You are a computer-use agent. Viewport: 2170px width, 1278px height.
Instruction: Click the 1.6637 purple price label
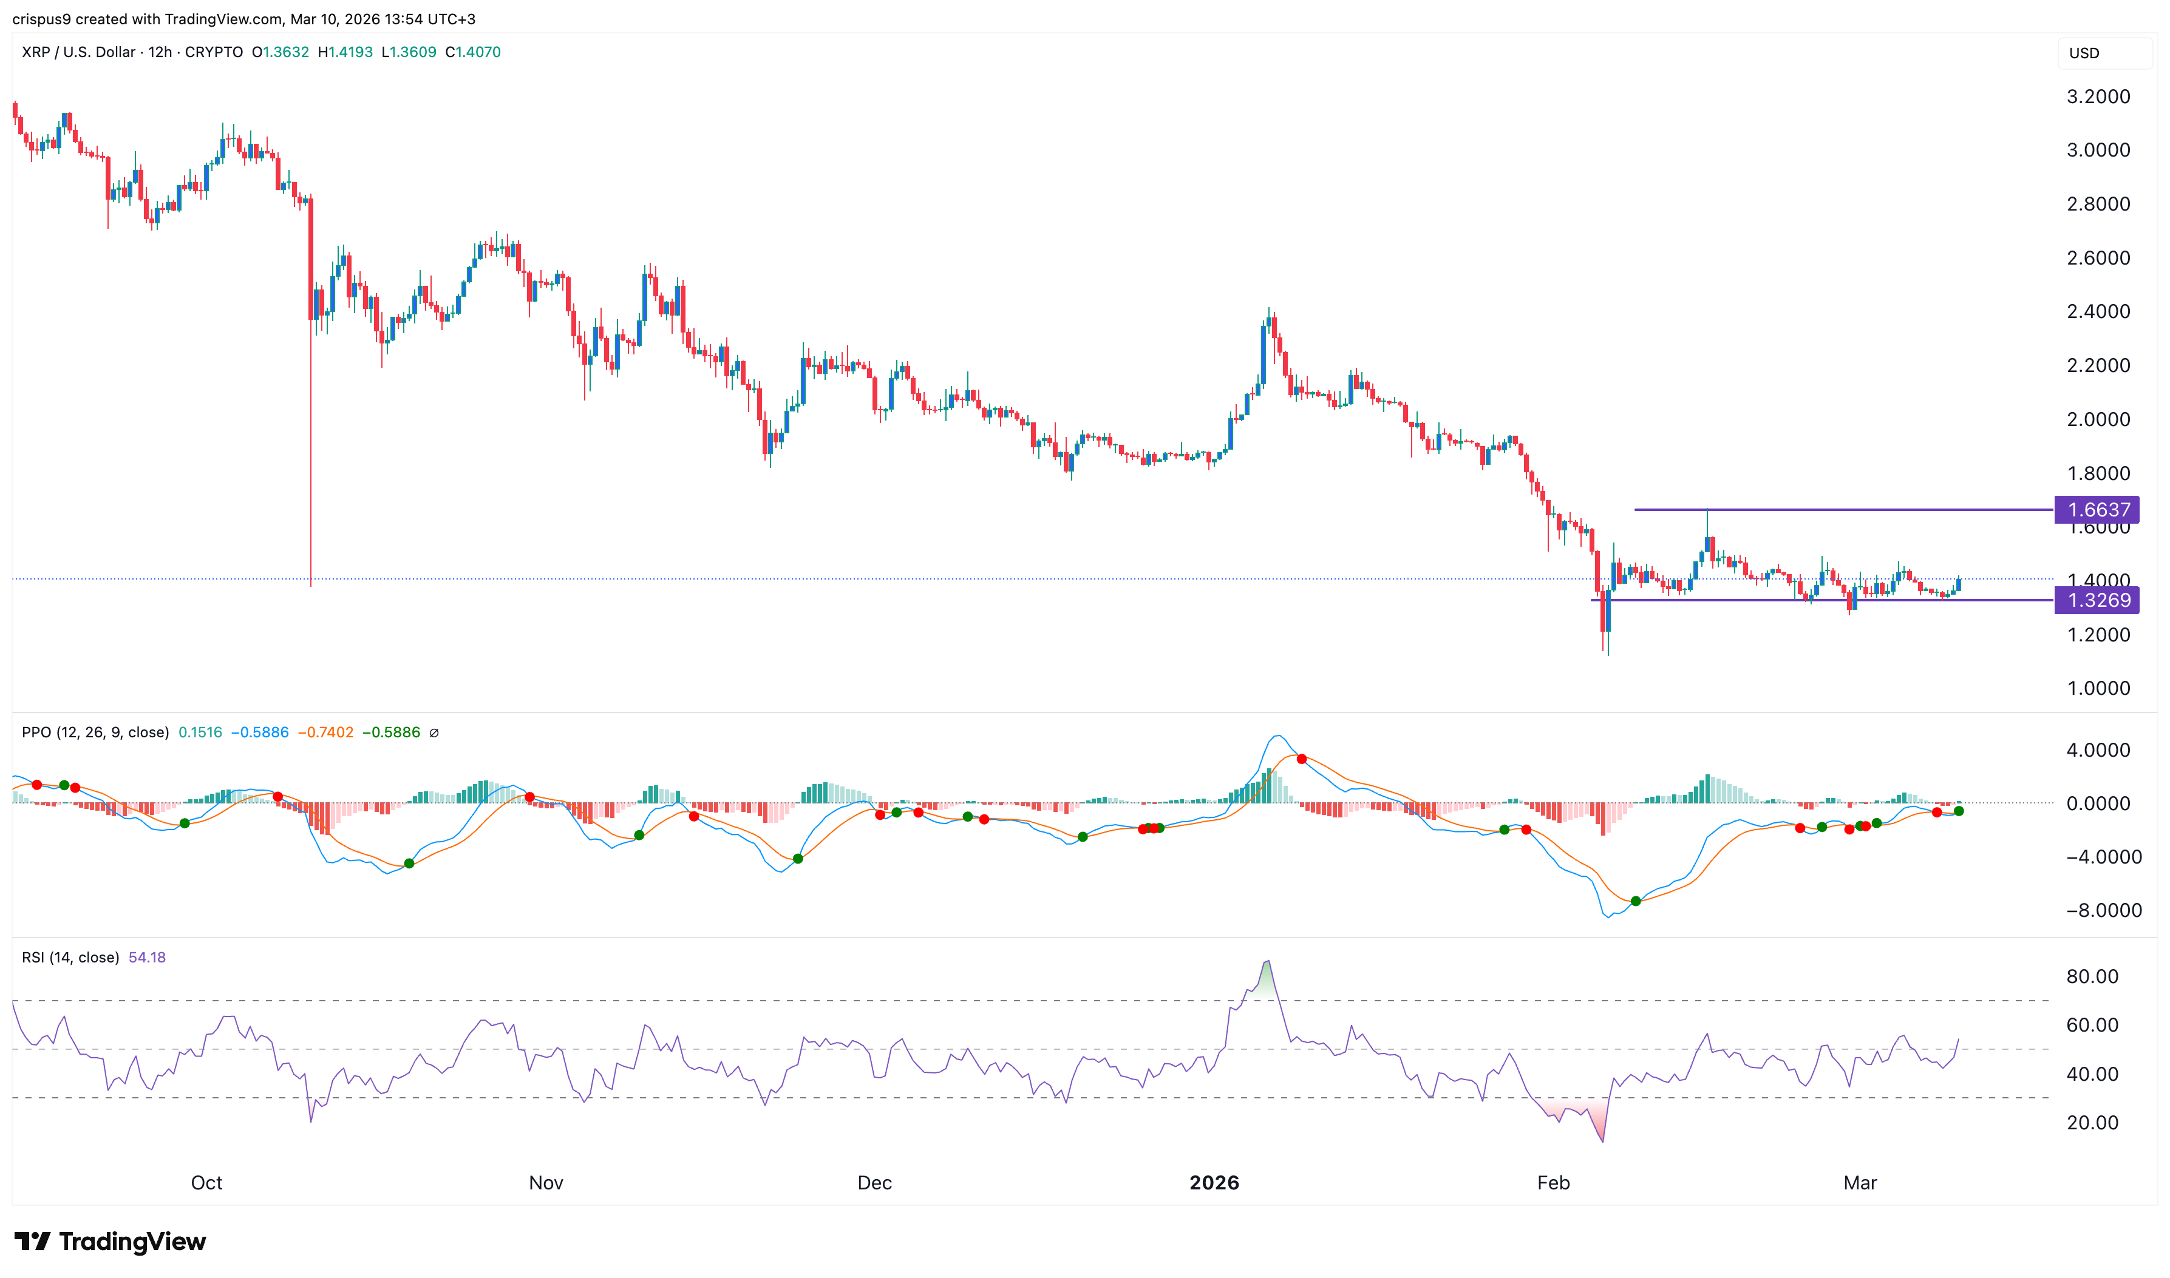pyautogui.click(x=2097, y=510)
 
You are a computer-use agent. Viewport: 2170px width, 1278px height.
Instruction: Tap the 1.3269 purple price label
pyautogui.click(x=2097, y=600)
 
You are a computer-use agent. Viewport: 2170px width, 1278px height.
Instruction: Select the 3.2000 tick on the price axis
pyautogui.click(x=2098, y=96)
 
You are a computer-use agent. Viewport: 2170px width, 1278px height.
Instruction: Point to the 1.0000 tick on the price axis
pyautogui.click(x=2098, y=688)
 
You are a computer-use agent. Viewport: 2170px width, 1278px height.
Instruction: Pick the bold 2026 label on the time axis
pyautogui.click(x=1213, y=1182)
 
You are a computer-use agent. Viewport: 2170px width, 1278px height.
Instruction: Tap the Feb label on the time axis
pyautogui.click(x=1553, y=1182)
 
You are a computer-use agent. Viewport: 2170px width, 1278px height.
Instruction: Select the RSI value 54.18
pyautogui.click(x=146, y=958)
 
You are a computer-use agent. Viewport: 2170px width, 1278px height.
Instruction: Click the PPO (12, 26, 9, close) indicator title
pyautogui.click(x=95, y=733)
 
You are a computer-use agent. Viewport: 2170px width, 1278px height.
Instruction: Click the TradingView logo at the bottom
pyautogui.click(x=111, y=1241)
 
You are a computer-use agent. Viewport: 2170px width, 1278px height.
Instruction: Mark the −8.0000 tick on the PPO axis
pyautogui.click(x=2103, y=910)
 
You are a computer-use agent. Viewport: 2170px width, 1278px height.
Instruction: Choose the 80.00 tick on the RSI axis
pyautogui.click(x=2092, y=976)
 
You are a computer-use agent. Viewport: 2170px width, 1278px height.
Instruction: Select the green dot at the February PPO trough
pyautogui.click(x=1635, y=902)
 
